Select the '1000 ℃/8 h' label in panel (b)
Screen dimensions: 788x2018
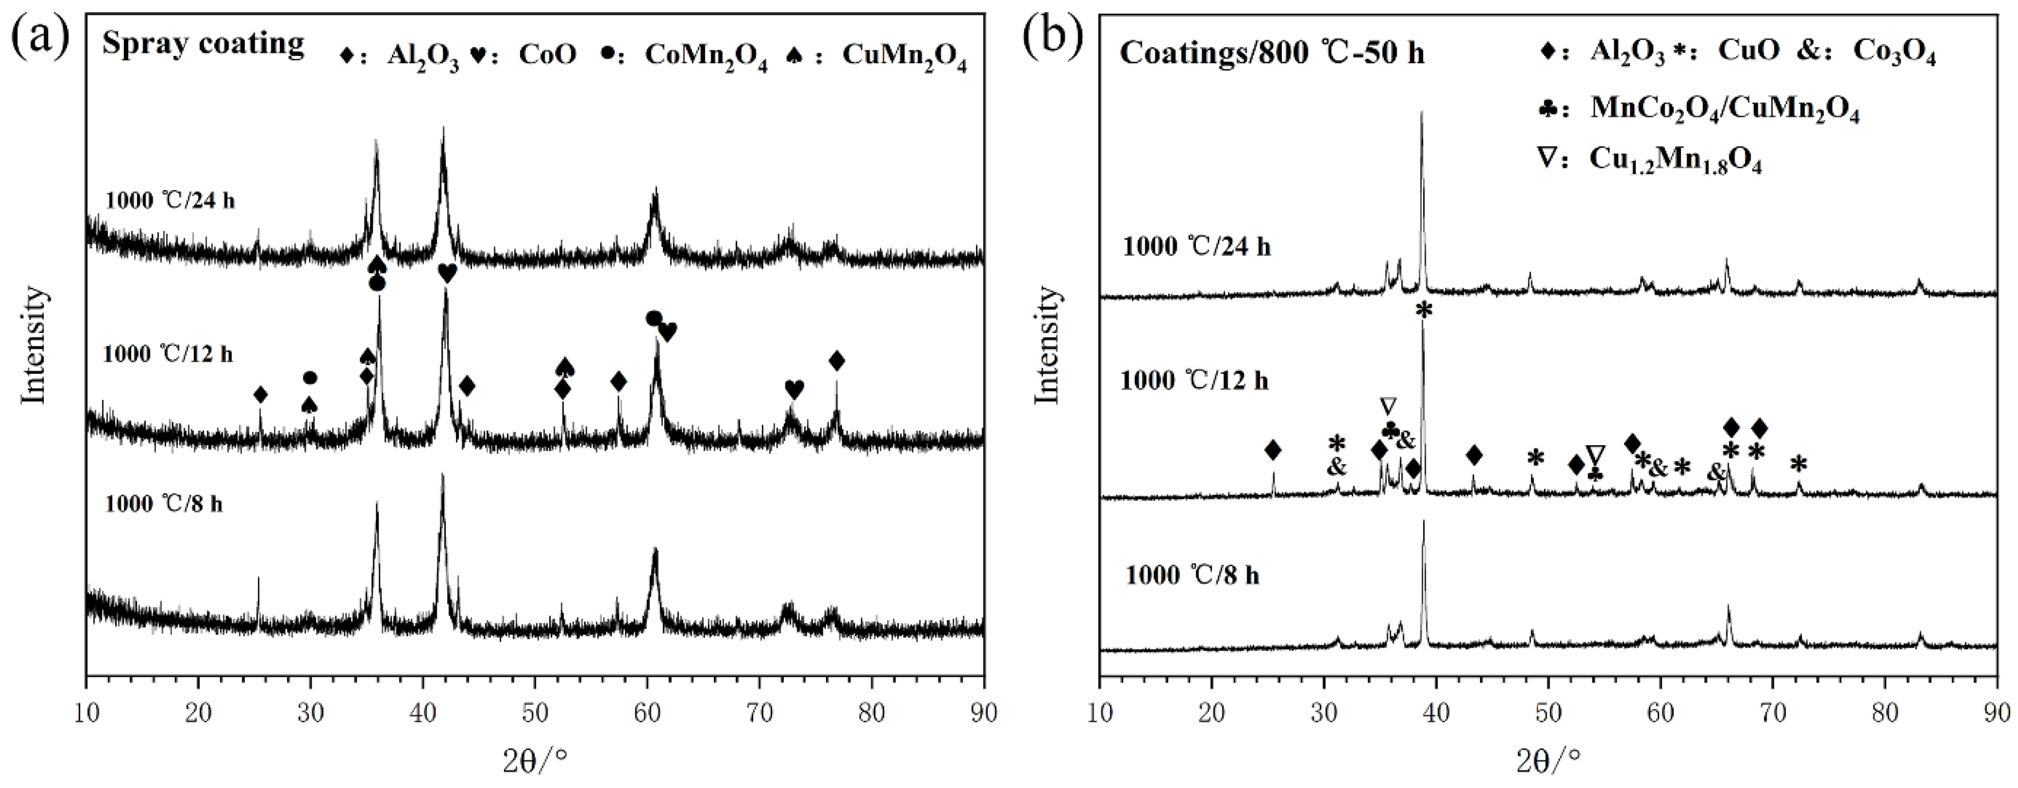tap(1192, 576)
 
